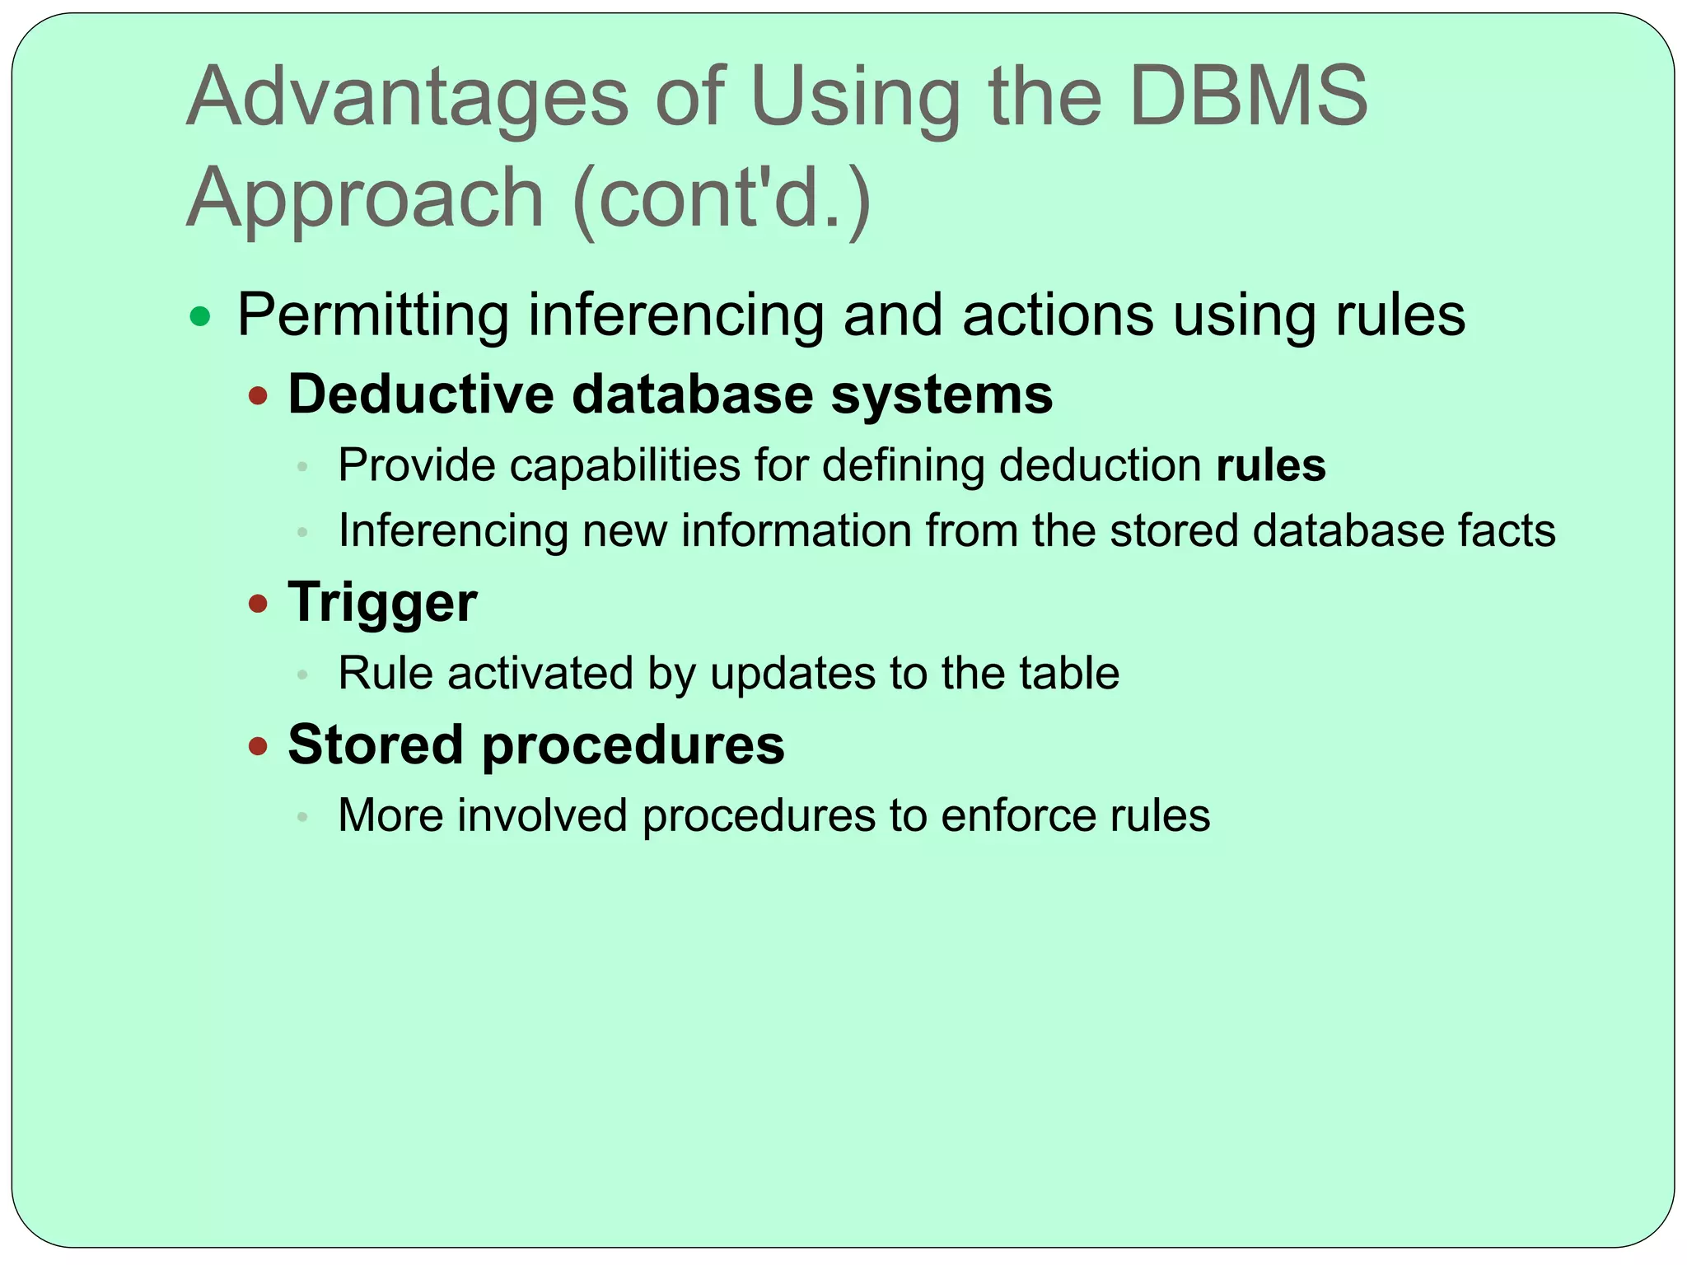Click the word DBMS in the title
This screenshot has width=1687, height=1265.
(1248, 97)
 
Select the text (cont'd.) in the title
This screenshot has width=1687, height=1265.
(722, 198)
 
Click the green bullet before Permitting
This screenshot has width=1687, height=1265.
(200, 316)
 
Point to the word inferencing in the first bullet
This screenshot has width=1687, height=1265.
(675, 316)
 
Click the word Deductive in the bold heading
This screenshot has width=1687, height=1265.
(421, 394)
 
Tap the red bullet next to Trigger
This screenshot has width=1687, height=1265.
(259, 604)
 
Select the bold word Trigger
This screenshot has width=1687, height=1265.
(382, 603)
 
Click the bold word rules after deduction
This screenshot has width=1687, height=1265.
(1271, 465)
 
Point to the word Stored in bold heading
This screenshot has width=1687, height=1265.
(376, 745)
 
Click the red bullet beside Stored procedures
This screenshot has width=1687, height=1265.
(259, 747)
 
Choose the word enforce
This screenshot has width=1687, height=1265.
(1018, 816)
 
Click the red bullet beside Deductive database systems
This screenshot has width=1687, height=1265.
(259, 396)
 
